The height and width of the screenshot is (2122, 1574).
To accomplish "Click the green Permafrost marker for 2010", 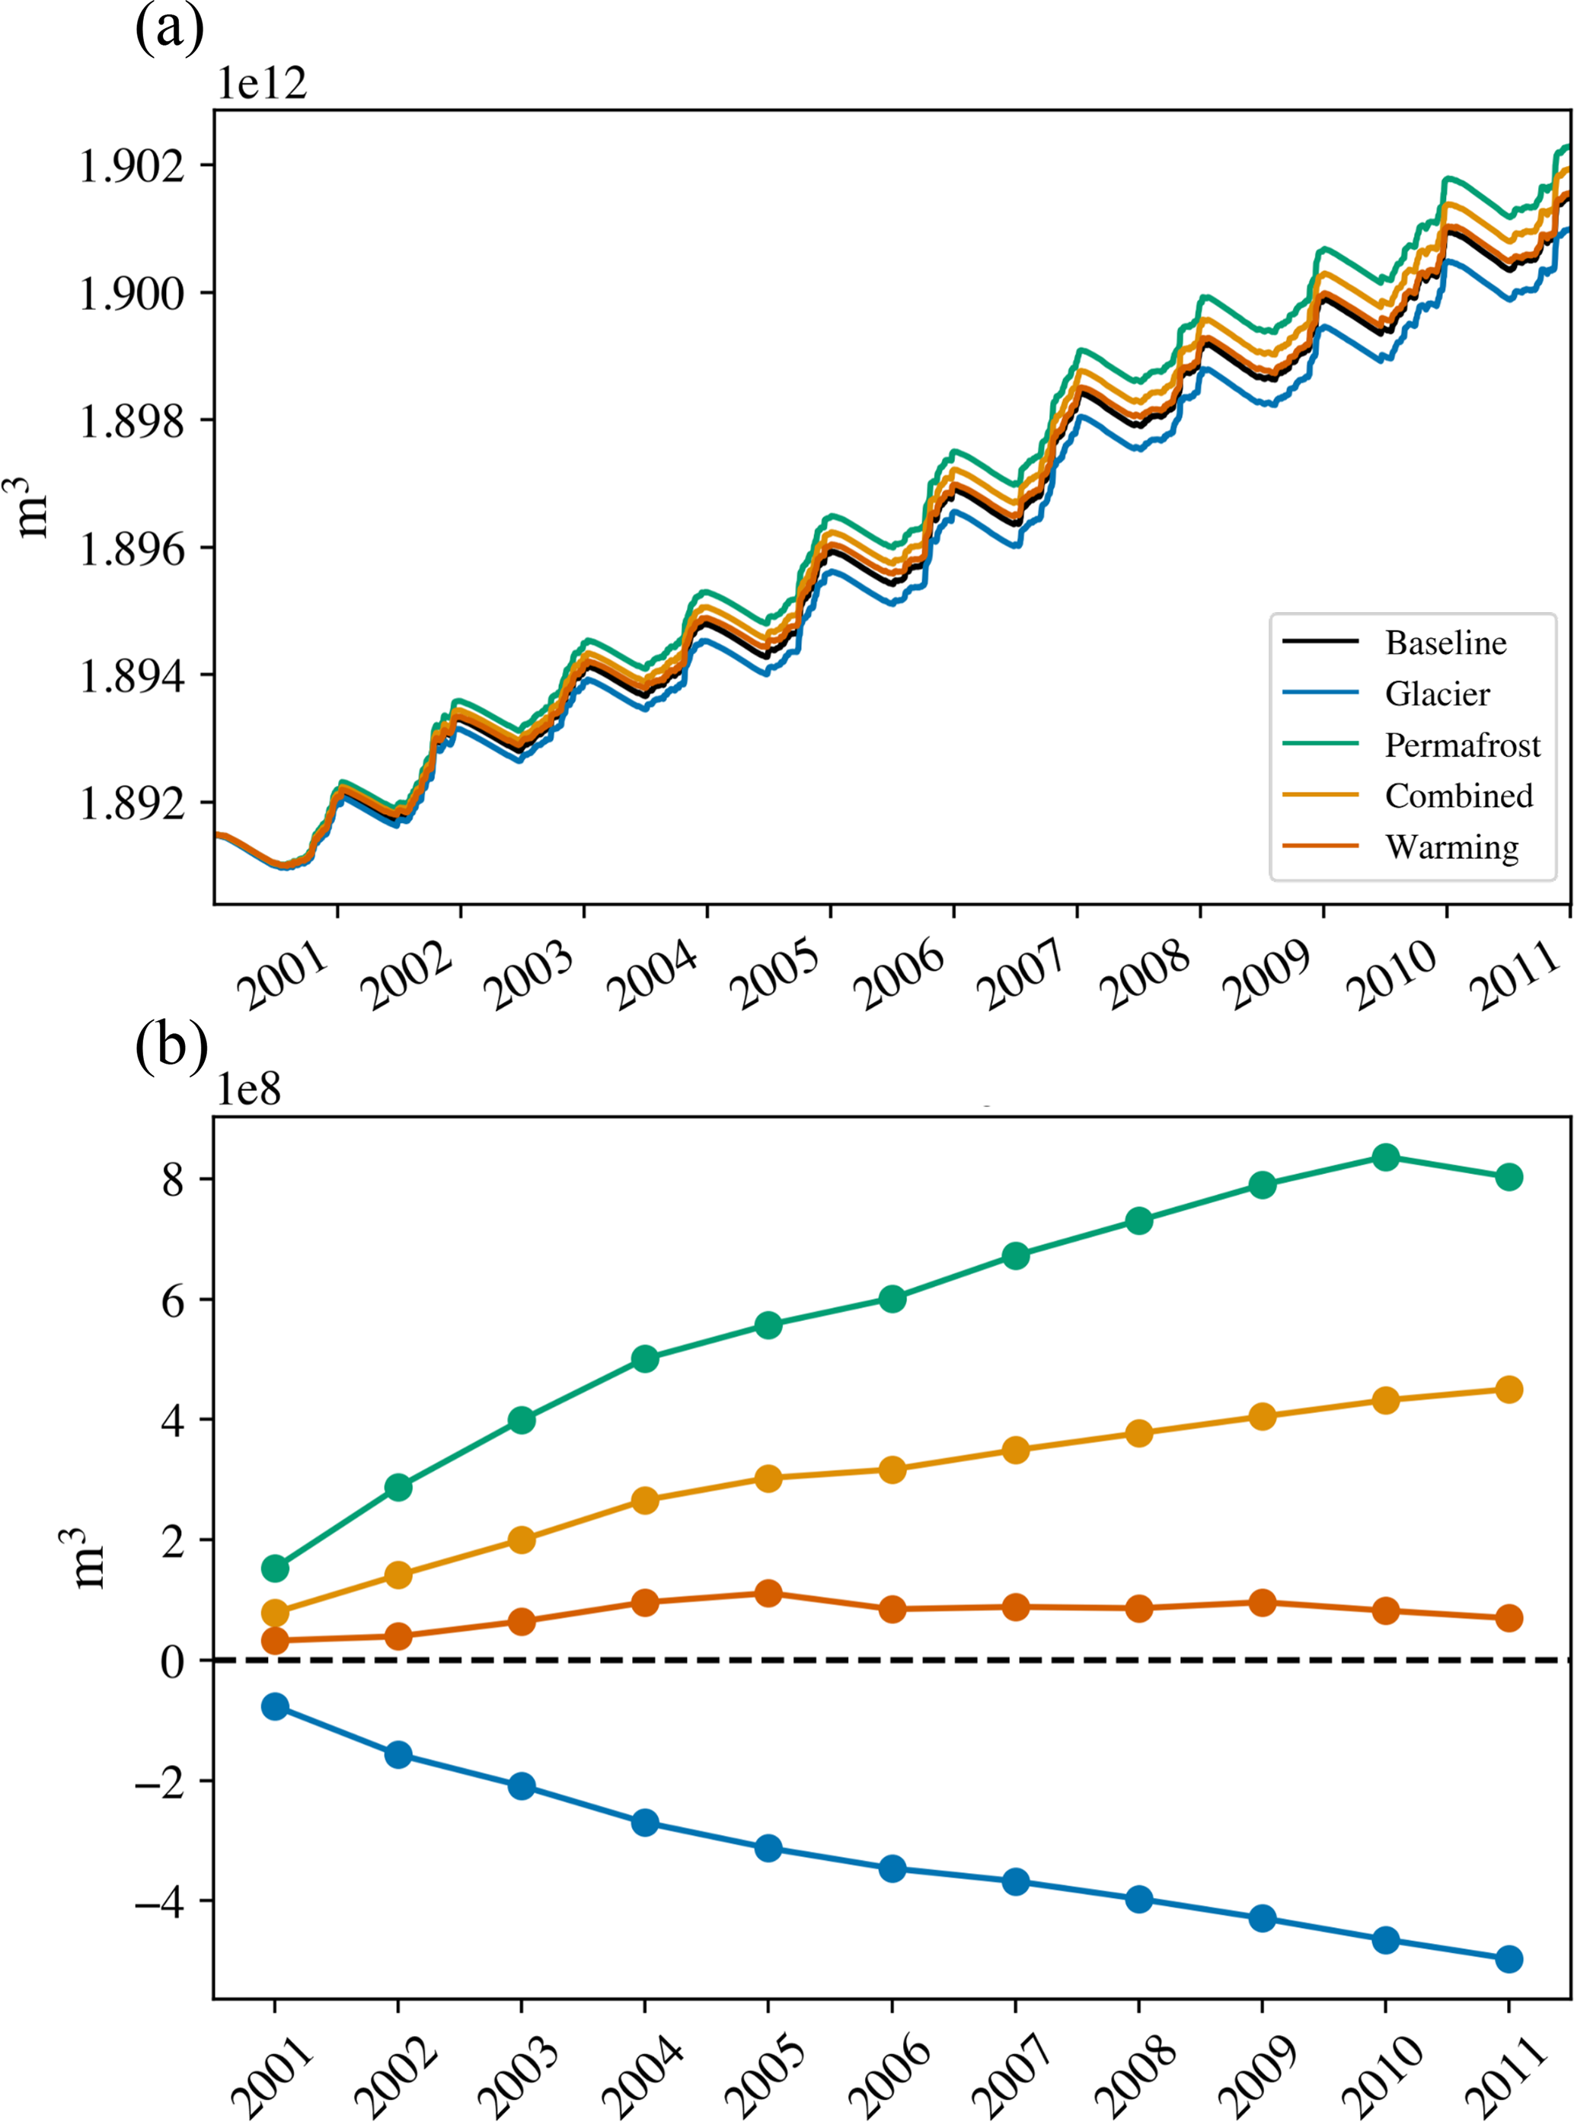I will click(x=1385, y=1158).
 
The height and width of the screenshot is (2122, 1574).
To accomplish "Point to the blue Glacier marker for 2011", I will click(x=1509, y=1960).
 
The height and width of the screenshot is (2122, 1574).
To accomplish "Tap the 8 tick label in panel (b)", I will click(x=172, y=1181).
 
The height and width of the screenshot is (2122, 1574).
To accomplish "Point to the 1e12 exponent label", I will click(x=262, y=84).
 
